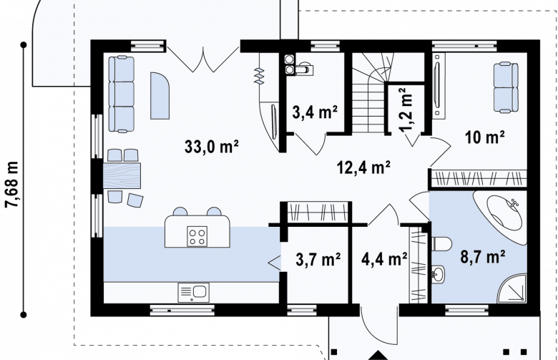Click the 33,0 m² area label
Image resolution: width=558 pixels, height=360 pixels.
click(x=211, y=146)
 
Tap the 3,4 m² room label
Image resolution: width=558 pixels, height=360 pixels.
click(x=315, y=112)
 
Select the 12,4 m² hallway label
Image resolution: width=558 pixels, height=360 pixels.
click(x=363, y=167)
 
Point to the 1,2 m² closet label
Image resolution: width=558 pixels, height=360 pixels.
click(x=407, y=110)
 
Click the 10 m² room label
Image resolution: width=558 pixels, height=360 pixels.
click(x=484, y=137)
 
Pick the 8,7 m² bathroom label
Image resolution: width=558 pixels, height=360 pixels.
click(x=483, y=256)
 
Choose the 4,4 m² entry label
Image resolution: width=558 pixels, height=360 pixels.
click(x=384, y=259)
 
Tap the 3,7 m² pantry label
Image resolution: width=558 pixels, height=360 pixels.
click(x=318, y=259)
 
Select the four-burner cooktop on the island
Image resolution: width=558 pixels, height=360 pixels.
click(x=197, y=236)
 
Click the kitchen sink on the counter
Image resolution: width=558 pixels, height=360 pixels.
click(x=193, y=292)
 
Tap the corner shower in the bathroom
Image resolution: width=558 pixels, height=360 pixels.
click(x=512, y=288)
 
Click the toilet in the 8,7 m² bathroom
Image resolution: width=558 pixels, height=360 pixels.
click(x=441, y=244)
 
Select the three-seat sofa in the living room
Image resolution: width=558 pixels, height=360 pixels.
click(x=122, y=94)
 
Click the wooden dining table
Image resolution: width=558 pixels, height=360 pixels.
click(x=122, y=175)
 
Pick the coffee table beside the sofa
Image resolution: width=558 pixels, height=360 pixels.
click(x=160, y=96)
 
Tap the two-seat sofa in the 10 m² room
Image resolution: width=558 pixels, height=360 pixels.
click(x=506, y=87)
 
